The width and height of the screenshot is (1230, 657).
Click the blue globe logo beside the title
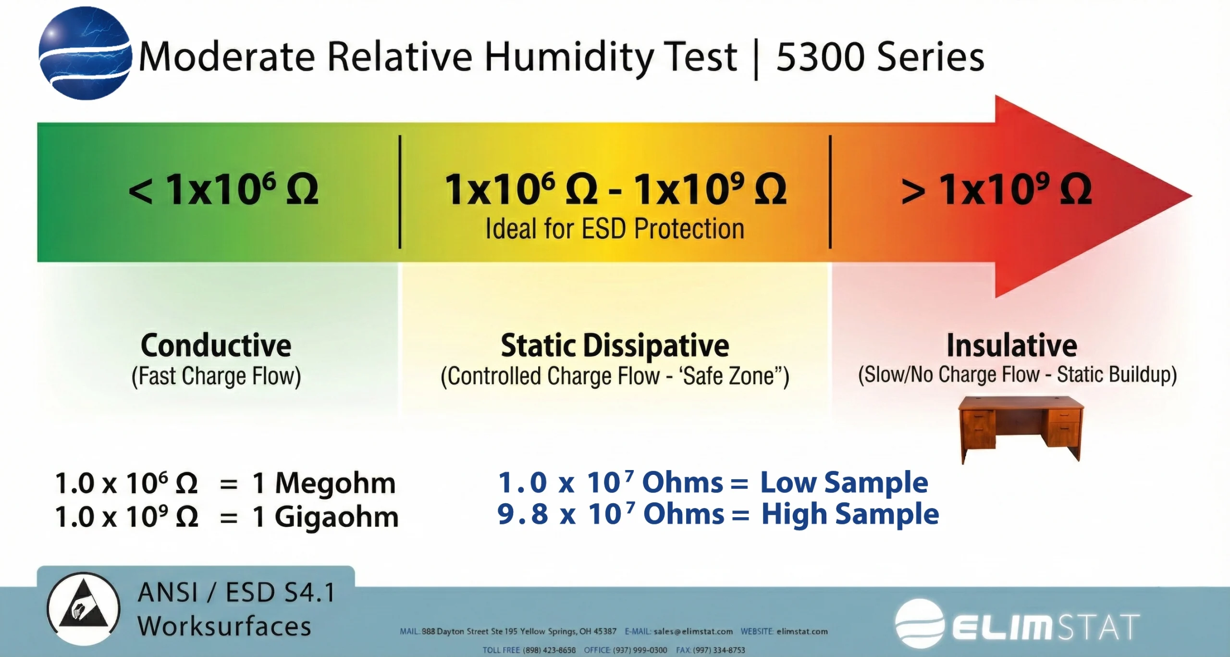click(x=85, y=53)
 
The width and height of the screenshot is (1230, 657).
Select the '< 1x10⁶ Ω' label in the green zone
click(x=223, y=189)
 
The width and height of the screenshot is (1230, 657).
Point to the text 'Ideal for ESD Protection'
click(x=615, y=229)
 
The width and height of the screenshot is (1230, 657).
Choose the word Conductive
click(x=216, y=345)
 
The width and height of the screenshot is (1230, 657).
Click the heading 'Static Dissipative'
click(x=615, y=345)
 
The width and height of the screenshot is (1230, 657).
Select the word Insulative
click(x=1012, y=345)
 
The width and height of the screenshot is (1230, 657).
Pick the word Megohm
click(x=335, y=483)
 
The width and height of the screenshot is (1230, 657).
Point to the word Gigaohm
click(x=336, y=517)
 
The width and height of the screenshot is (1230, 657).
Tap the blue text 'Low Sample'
click(x=844, y=482)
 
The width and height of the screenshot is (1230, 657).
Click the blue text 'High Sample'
click(x=850, y=514)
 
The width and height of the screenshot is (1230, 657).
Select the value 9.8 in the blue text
click(x=522, y=514)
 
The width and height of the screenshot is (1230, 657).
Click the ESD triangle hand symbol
click(x=83, y=607)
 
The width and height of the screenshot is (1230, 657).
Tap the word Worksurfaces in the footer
click(x=224, y=626)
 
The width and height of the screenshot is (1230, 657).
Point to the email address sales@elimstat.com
click(x=693, y=632)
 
